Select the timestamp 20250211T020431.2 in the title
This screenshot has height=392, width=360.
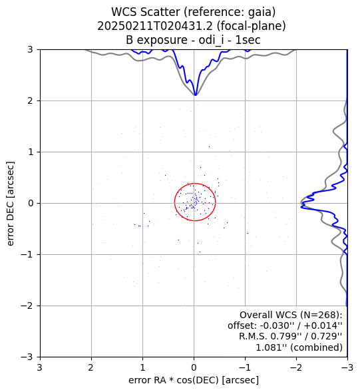click(155, 26)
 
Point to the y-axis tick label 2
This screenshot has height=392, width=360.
click(30, 100)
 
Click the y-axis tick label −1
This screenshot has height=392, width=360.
click(27, 254)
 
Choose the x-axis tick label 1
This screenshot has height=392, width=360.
click(142, 367)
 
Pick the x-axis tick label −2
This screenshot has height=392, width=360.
click(296, 367)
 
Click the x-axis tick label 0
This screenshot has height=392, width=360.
click(194, 367)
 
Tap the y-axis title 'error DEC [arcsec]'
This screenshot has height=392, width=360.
click(10, 204)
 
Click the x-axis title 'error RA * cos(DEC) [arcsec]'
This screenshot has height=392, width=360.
click(194, 380)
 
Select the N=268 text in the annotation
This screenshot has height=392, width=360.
click(319, 315)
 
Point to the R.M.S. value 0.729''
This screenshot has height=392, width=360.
click(326, 336)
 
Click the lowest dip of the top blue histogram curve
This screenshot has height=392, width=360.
click(196, 95)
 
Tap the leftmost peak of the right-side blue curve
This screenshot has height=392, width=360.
click(301, 207)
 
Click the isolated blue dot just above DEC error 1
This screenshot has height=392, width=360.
click(209, 146)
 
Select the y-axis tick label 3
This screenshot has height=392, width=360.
click(30, 49)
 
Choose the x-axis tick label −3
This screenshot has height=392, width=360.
click(347, 367)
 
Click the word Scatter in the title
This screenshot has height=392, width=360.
click(162, 12)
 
